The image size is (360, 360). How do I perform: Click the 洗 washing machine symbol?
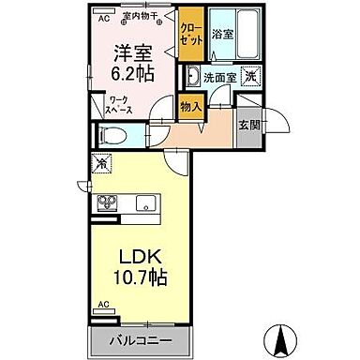250,76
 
